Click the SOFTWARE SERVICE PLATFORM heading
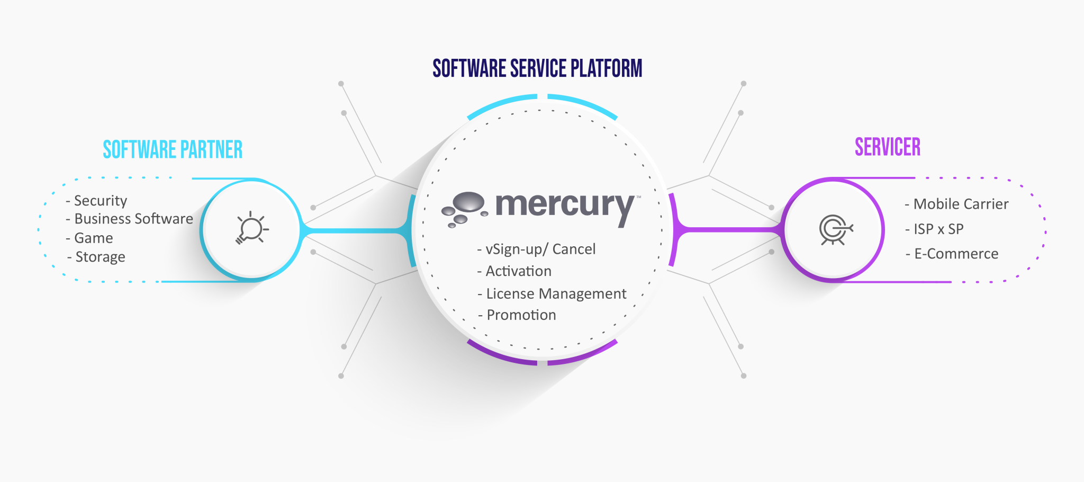coord(537,69)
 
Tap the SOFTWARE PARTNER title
coord(173,150)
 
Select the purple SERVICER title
coord(888,147)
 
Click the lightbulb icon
coord(251,229)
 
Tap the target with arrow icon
coord(835,230)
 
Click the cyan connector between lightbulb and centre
coord(355,231)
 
